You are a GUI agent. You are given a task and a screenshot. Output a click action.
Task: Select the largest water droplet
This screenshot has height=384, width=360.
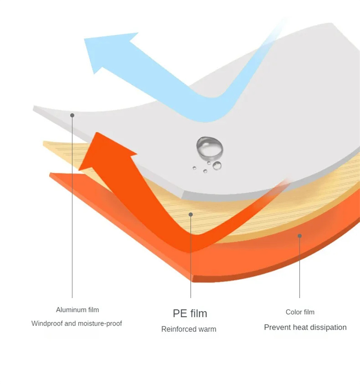210,147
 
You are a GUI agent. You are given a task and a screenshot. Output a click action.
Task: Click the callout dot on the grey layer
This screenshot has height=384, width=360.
72,116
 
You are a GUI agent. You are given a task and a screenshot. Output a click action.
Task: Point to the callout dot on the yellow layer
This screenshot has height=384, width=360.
191,214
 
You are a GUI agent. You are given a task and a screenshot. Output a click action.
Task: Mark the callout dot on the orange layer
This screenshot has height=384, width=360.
300,236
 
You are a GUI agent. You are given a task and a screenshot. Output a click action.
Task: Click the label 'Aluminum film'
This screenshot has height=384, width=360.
77,310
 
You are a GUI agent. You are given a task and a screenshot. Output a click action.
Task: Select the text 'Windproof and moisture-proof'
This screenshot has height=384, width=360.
76,323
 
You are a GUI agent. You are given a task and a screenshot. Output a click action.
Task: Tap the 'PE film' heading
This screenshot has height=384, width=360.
190,313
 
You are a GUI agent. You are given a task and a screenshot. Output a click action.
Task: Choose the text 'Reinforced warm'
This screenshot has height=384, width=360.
189,329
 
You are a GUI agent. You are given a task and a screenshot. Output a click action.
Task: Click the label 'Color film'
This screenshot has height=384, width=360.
300,312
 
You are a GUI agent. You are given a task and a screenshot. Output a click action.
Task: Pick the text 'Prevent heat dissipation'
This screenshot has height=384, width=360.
305,327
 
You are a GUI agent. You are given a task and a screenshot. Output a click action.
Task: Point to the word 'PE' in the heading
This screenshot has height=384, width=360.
180,313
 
